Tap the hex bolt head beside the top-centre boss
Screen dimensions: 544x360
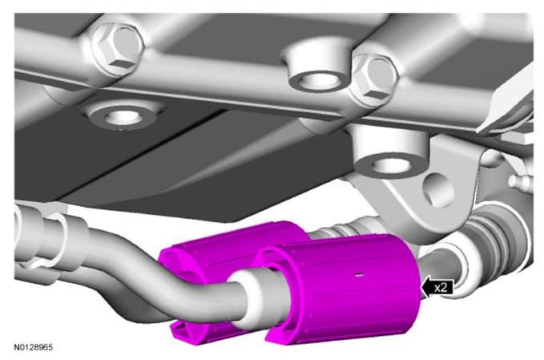coord(376,79)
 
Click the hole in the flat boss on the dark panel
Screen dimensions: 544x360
coord(123,117)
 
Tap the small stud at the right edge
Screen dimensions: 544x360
coord(519,181)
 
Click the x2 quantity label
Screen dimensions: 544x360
coord(441,288)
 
